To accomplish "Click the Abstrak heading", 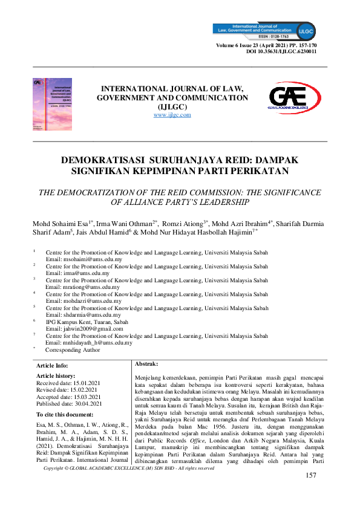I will [146, 364].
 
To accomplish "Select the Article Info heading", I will [53, 366].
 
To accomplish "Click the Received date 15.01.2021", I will [69, 383].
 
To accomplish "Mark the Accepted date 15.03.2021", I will [69, 397].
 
